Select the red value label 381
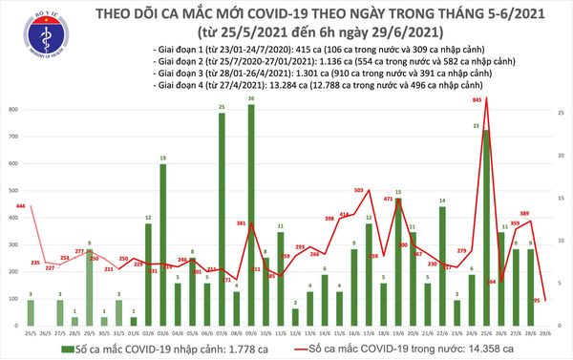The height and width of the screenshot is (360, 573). tap(243, 223)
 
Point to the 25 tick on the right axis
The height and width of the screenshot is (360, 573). tap(562, 114)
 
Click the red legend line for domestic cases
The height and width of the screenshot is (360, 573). tap(320, 351)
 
